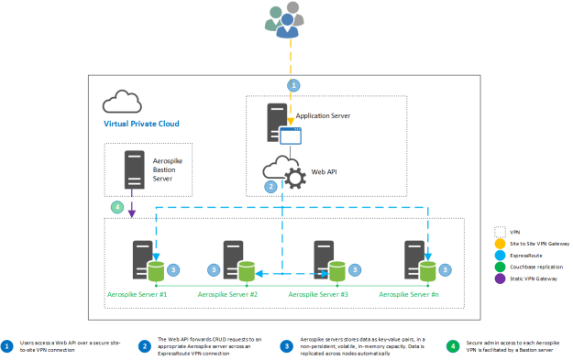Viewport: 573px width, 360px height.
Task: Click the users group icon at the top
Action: (287, 20)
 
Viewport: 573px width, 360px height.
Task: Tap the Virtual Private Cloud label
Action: (140, 123)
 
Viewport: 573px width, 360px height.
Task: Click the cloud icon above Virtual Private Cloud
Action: (121, 101)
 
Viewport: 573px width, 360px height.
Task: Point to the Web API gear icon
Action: (296, 175)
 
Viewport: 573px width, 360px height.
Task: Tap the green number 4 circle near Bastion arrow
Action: (116, 208)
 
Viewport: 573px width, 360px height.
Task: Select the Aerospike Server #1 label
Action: (138, 294)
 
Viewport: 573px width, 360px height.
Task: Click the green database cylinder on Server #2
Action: (244, 271)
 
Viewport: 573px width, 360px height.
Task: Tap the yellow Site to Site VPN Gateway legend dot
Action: (501, 244)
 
